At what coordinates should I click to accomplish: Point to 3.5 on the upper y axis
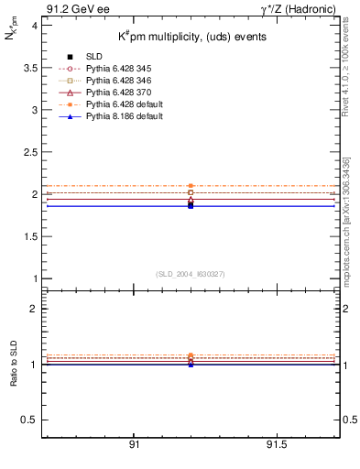pos(30,68)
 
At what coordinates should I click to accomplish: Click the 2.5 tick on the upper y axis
pos(30,152)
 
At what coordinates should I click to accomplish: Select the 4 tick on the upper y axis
pos(34,26)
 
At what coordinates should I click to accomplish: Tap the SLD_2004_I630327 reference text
pos(190,274)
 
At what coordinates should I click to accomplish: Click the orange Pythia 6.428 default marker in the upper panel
pos(191,186)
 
